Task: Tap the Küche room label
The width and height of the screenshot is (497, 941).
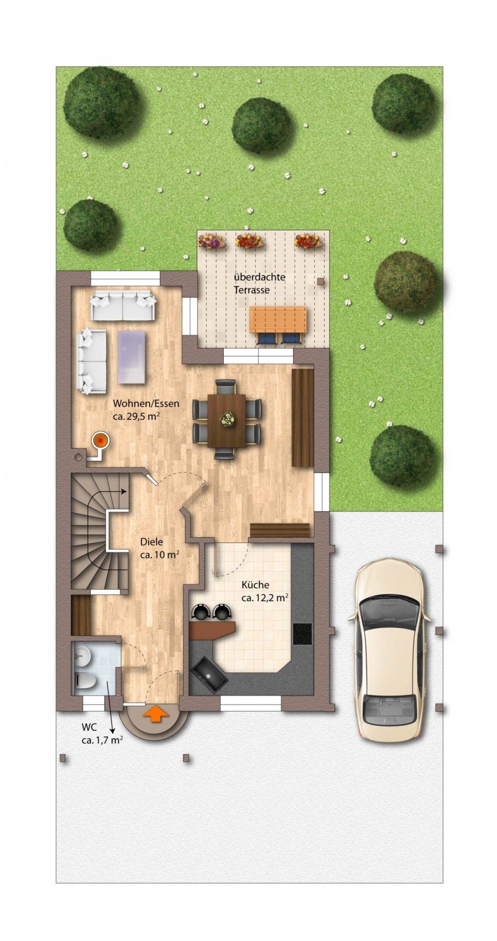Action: click(x=255, y=585)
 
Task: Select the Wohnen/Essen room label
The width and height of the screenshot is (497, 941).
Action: click(x=146, y=403)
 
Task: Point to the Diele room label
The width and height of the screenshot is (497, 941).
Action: click(x=151, y=541)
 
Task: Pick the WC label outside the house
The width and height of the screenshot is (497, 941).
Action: click(x=89, y=726)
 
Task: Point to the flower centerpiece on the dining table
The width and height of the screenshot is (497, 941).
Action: click(x=227, y=419)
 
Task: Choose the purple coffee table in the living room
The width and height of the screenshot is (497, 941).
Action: click(x=132, y=357)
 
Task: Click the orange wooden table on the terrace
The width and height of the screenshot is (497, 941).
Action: click(x=278, y=320)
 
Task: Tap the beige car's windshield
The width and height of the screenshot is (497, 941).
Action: click(x=389, y=613)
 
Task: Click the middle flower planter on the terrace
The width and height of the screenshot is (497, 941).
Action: click(x=249, y=241)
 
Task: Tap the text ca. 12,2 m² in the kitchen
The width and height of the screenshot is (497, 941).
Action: click(x=264, y=598)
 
